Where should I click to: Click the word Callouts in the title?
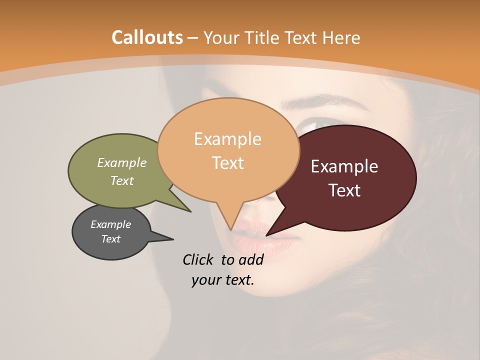tap(147, 37)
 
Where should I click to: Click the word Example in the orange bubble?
tap(227, 139)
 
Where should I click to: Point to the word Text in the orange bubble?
tap(227, 162)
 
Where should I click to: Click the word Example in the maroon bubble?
tap(344, 166)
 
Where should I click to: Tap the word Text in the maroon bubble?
tap(344, 190)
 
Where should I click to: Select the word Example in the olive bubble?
tap(122, 163)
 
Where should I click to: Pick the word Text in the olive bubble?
tap(122, 180)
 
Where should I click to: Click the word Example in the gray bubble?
tap(110, 224)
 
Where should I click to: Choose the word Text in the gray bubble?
tap(110, 239)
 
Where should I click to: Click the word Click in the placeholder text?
tap(199, 259)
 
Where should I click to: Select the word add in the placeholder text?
tap(251, 259)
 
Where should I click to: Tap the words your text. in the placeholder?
tap(223, 280)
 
